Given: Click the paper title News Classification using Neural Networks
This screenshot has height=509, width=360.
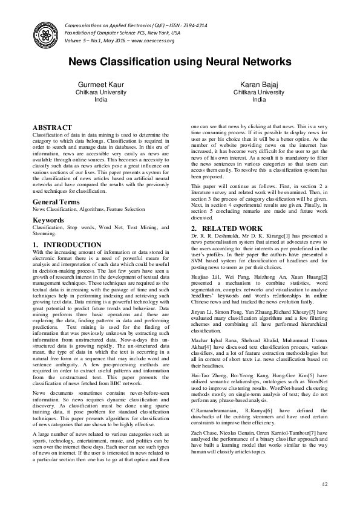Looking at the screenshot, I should pyautogui.click(x=180, y=62).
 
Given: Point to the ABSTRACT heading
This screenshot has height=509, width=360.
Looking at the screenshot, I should pyautogui.click(x=51, y=128).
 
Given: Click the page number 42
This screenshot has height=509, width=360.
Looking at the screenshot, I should pyautogui.click(x=324, y=484).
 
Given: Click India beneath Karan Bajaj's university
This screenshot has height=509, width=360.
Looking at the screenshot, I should pyautogui.click(x=260, y=100).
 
